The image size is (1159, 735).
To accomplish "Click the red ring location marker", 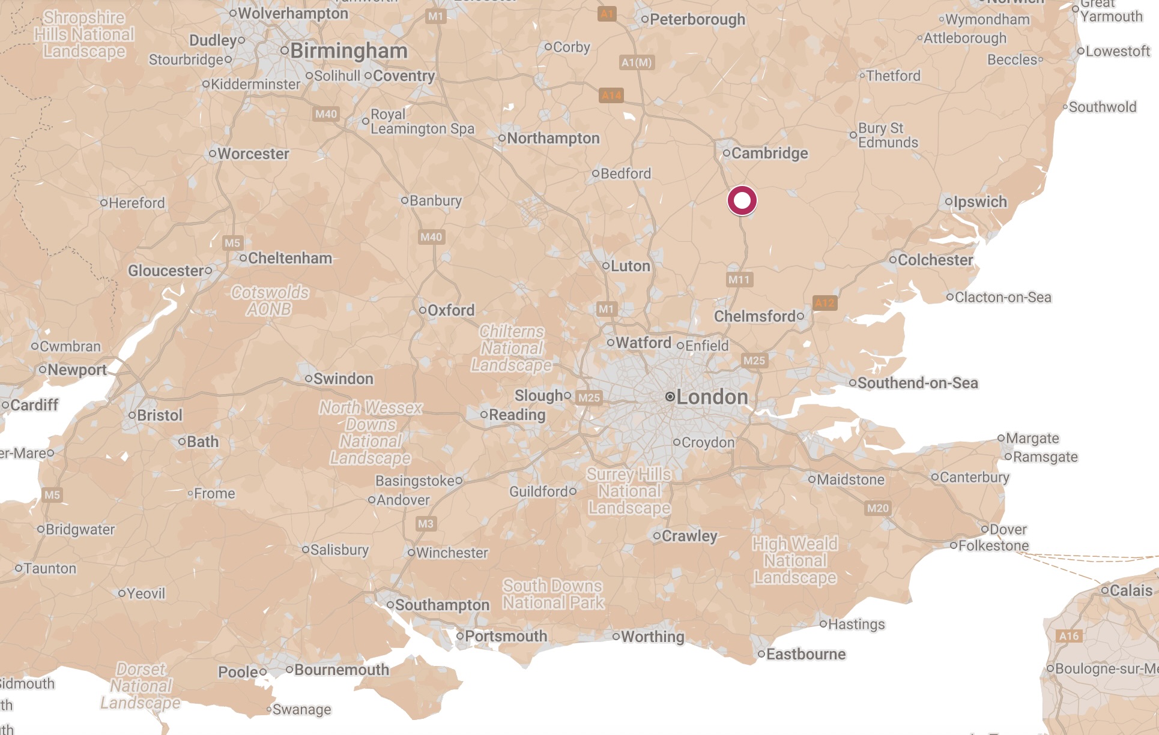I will coord(742,200).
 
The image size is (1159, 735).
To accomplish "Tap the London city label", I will coord(712,397).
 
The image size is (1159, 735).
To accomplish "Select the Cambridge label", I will coord(769,153).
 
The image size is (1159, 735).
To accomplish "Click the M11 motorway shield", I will coord(739,280).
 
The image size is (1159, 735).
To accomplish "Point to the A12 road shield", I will coord(824,303).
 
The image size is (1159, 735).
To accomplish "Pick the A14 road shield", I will coord(611,95).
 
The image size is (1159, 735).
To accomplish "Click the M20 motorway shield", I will coord(877,508).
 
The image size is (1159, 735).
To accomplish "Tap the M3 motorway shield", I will coord(425,524).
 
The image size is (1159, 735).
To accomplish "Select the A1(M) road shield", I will coord(637,62).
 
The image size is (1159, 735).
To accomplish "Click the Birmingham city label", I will coord(348,51).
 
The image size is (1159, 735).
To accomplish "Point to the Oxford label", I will coord(450,310).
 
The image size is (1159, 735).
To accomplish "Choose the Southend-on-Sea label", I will coord(917,383).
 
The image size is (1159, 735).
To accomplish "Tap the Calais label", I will coord(1131,590).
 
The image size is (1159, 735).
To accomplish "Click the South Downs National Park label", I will coord(553,594).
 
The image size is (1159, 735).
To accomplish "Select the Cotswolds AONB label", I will coord(270,301).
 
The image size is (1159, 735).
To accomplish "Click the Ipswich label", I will coord(980,202).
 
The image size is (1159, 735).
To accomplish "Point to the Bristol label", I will coord(159,415).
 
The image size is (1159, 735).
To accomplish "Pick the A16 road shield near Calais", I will coord(1069,636).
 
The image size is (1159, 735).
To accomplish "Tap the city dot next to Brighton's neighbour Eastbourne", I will coord(761,654).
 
